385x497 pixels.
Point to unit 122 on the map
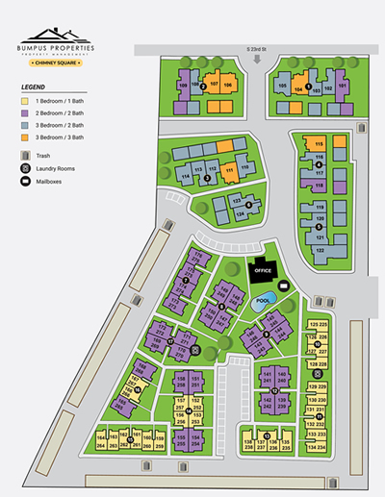tap(321, 250)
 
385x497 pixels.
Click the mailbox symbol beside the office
tap(283, 286)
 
